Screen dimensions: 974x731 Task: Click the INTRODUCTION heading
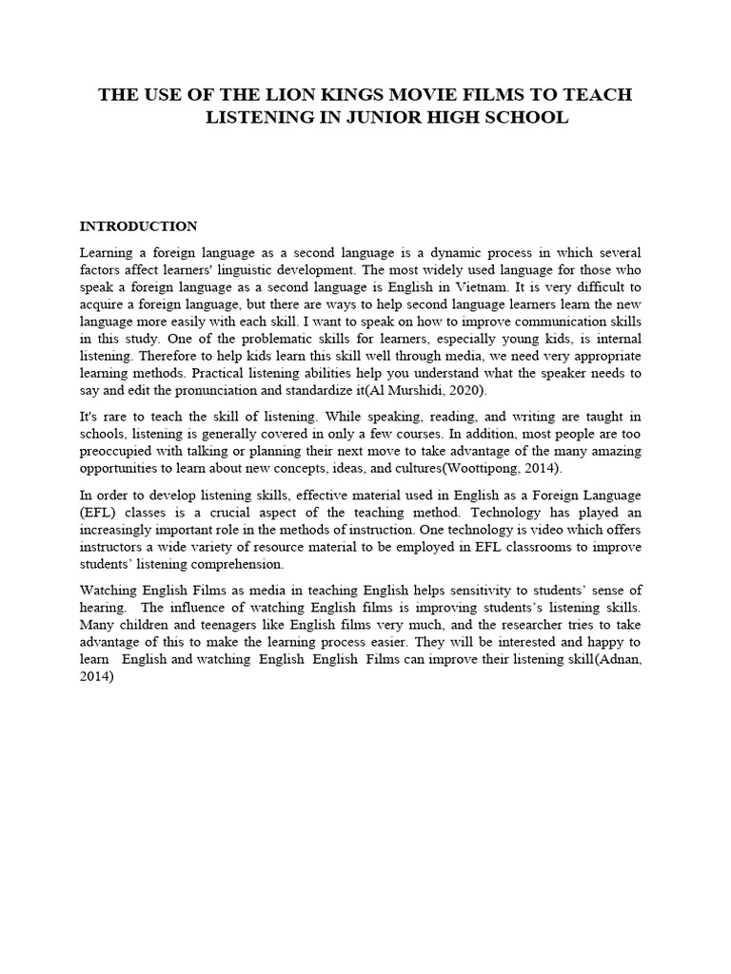click(138, 226)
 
